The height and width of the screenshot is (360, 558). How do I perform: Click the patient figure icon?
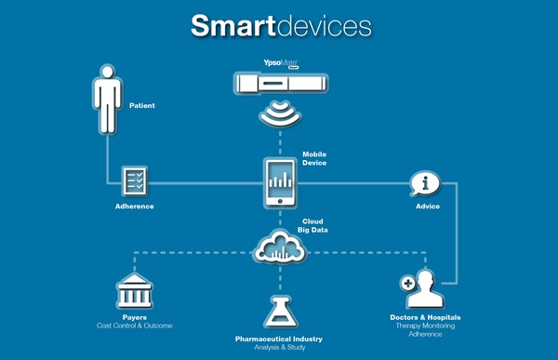pyautogui.click(x=107, y=102)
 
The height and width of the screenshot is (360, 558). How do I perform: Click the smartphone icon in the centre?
pyautogui.click(x=279, y=183)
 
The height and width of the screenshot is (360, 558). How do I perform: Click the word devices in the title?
pyautogui.click(x=325, y=25)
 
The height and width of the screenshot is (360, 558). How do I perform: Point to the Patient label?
pyautogui.click(x=142, y=106)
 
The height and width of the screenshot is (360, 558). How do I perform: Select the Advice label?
pyautogui.click(x=428, y=206)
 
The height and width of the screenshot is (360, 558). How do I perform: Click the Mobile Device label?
pyautogui.click(x=314, y=158)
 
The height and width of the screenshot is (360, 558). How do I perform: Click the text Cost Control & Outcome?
pyautogui.click(x=135, y=326)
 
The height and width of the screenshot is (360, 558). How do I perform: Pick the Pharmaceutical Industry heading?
pyautogui.click(x=279, y=341)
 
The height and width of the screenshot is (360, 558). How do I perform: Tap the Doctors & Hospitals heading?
pyautogui.click(x=425, y=318)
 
